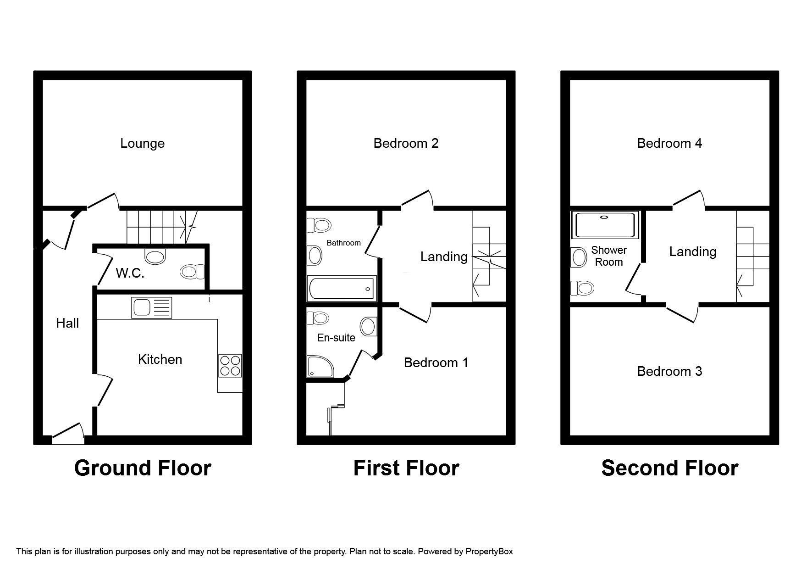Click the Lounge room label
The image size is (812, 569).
pos(142,143)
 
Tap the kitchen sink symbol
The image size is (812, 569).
pos(152,307)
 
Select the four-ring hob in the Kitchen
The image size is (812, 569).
pos(230,366)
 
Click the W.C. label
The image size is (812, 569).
pos(130,274)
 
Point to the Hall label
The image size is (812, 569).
pos(67,323)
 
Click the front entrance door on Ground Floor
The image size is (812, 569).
pos(68,433)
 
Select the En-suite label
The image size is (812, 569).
pos(336,338)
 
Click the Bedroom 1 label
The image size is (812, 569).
pos(436,363)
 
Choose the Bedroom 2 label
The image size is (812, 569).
pos(406,143)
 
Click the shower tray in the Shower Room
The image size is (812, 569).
pos(605,225)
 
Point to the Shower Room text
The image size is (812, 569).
pos(609,256)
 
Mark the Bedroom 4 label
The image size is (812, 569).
pos(669,143)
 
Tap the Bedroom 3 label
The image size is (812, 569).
pos(669,371)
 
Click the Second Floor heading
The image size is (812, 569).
pos(669,468)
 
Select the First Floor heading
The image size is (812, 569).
pos(406,468)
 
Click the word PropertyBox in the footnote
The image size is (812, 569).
pos(489,551)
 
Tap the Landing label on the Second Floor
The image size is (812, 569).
pos(693,251)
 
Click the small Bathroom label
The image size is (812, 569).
pos(343,243)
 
